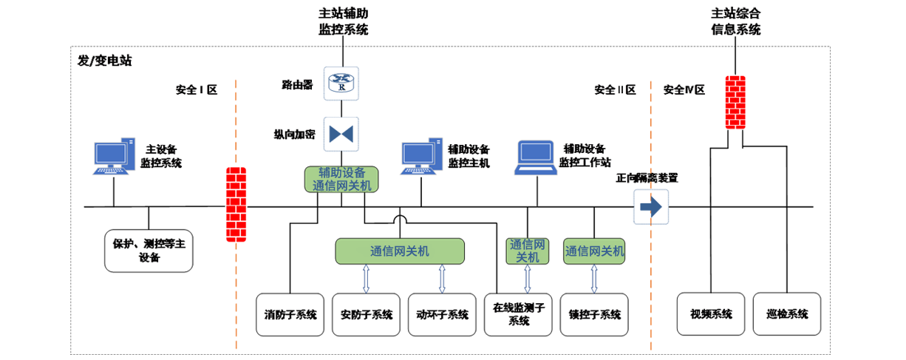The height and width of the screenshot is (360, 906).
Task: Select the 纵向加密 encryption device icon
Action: click(341, 134)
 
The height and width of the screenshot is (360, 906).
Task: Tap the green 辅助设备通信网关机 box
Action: click(341, 180)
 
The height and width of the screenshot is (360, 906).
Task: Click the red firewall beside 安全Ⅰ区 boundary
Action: click(235, 205)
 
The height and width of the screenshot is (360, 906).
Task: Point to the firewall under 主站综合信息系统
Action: click(735, 102)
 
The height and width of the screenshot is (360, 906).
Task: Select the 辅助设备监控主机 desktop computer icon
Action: click(421, 157)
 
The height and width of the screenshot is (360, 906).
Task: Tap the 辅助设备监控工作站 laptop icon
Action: click(535, 157)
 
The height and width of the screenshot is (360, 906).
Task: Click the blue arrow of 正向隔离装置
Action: click(651, 207)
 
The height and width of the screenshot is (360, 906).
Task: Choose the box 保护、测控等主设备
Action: click(149, 250)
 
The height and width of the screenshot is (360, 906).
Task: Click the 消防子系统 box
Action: click(290, 315)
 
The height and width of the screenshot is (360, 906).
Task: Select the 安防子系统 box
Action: click(367, 315)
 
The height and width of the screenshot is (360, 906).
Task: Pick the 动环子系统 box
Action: click(442, 315)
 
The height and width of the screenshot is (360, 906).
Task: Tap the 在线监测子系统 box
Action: click(518, 315)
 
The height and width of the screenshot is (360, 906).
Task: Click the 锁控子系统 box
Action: click(594, 315)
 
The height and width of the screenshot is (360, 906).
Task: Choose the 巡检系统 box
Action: click(787, 315)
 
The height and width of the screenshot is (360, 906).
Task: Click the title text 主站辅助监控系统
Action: click(343, 21)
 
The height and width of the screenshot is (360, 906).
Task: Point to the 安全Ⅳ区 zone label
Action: click(684, 90)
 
